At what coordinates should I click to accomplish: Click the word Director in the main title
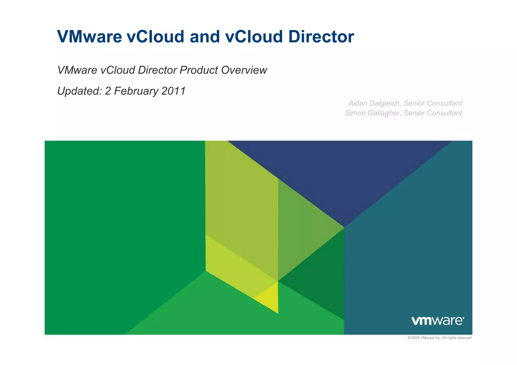321,37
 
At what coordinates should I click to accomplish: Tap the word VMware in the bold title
90,37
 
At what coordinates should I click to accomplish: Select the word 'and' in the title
204,37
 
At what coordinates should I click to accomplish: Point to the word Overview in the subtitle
244,70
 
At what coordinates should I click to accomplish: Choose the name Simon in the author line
355,113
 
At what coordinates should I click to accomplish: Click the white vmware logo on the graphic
438,321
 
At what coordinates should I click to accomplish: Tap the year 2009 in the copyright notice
416,338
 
